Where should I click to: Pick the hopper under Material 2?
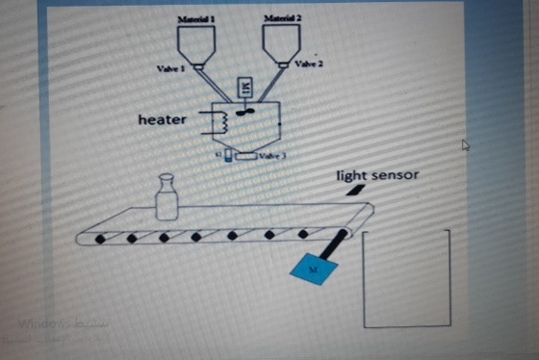tap(282, 43)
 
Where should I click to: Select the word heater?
tap(164, 119)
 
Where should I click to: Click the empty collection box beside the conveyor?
tap(406, 278)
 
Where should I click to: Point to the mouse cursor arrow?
tap(466, 145)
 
